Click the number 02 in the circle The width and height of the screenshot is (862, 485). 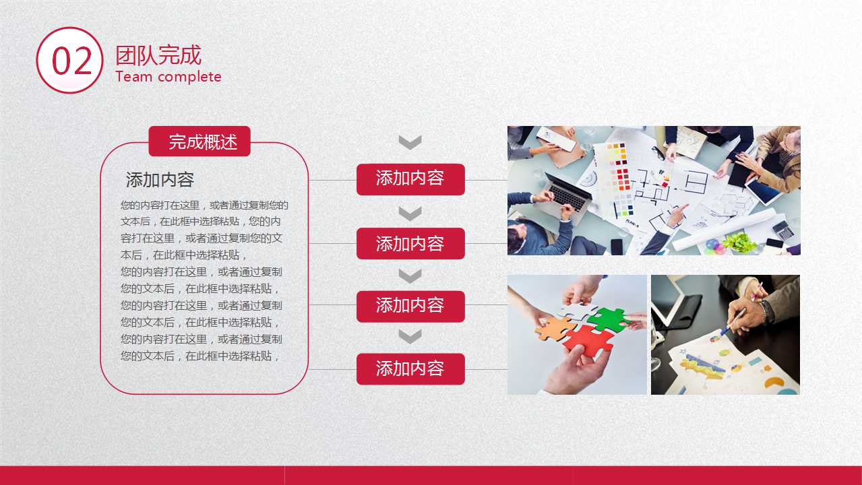coord(71,61)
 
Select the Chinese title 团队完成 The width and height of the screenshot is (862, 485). coord(158,55)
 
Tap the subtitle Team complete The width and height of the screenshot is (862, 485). coord(168,77)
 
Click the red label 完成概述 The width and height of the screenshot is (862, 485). coord(199,141)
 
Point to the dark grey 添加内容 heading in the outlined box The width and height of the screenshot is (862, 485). coord(160,180)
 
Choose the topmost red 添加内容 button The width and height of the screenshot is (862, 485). coord(410,179)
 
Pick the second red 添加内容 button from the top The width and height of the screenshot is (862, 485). coord(410,243)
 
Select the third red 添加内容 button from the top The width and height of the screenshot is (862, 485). coord(410,306)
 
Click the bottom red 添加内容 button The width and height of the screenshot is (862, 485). coord(410,369)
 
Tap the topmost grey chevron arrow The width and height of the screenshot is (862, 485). coord(410,142)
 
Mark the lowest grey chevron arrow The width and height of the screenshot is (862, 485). coord(410,336)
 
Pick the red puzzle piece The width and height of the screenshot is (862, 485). coord(588,342)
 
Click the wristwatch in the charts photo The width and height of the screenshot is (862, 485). coord(765,311)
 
